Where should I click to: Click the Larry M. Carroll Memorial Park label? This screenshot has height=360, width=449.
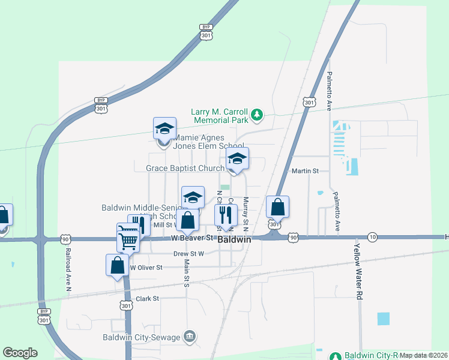[219, 116]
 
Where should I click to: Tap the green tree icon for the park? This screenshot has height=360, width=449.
[257, 114]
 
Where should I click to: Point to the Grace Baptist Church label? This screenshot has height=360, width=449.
[185, 168]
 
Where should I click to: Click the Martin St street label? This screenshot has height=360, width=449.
[305, 171]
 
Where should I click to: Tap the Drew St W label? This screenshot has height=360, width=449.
[189, 254]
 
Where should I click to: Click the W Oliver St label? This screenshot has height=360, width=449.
[146, 267]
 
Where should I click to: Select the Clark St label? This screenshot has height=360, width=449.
[147, 298]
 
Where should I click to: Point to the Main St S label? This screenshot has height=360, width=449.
[187, 272]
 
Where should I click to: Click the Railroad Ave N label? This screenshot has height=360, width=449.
[68, 270]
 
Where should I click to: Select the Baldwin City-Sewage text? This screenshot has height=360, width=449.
[141, 337]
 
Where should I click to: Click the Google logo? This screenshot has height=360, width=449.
[20, 353]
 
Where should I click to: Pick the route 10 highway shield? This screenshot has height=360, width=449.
[373, 237]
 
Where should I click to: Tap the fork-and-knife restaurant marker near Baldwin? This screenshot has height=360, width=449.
[226, 214]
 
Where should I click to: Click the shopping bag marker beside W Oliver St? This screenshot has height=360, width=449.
[118, 265]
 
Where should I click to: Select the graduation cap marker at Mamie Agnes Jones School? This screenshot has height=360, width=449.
[164, 128]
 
